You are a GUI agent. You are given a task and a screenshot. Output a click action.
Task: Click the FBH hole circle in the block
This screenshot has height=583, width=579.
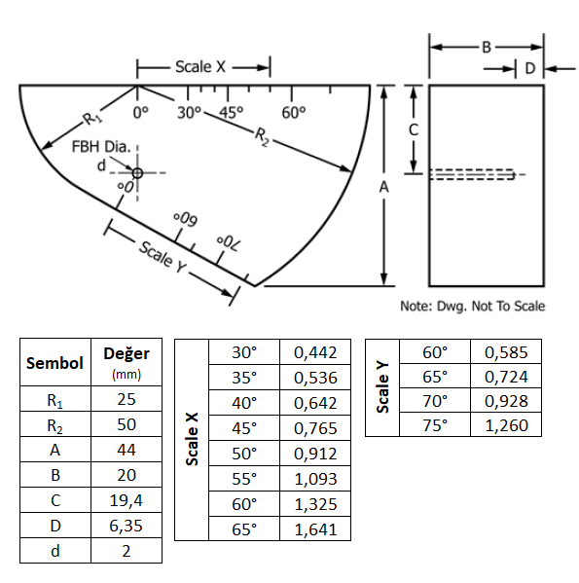[137, 173]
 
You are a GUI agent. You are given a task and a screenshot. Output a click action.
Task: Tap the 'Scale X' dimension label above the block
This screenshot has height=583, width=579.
[200, 67]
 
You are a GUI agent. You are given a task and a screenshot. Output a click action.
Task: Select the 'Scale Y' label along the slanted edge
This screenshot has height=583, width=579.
[163, 257]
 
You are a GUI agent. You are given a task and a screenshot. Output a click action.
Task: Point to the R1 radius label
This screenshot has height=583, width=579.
[91, 119]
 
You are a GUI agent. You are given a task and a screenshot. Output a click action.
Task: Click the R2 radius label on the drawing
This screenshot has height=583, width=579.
[263, 136]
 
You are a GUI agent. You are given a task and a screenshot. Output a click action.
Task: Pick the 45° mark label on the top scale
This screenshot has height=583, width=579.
[231, 112]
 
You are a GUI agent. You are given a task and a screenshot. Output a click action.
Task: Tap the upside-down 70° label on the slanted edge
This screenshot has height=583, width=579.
[228, 242]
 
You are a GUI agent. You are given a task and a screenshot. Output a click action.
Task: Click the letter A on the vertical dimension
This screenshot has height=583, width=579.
[384, 187]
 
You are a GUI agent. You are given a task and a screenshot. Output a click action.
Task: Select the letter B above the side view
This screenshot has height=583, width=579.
[487, 48]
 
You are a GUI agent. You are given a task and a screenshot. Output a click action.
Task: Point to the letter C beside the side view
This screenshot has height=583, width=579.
[414, 130]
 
